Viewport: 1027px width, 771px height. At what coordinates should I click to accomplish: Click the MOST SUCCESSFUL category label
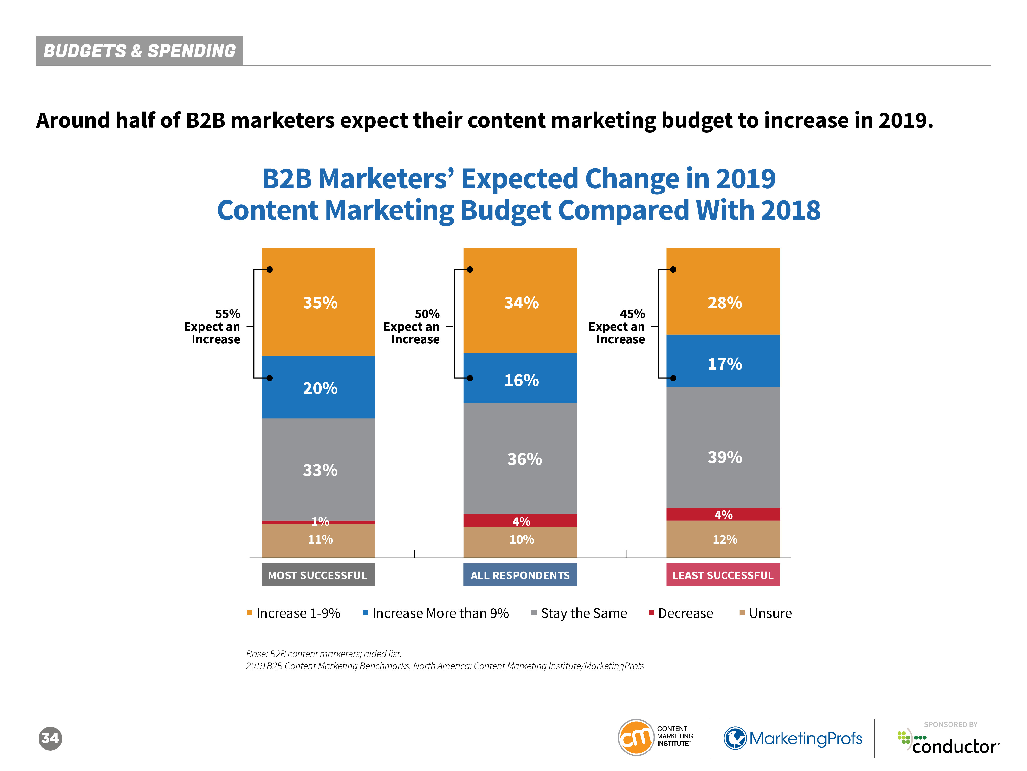tap(318, 575)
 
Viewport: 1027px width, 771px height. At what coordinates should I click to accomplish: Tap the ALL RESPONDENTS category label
tap(520, 575)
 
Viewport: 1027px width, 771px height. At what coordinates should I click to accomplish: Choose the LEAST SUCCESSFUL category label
tap(723, 575)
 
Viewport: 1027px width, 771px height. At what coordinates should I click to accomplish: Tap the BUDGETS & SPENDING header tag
tap(139, 51)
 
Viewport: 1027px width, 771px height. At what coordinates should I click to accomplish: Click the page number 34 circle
tap(50, 738)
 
